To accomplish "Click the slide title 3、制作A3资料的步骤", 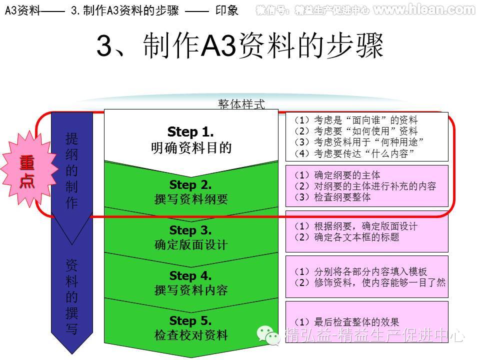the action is point(240,47).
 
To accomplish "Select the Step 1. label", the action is point(190,132).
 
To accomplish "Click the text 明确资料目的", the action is point(191,148).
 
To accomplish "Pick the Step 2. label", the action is point(190,185).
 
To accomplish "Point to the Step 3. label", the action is point(190,230).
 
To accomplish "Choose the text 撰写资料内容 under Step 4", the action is point(191,290).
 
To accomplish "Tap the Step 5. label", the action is point(190,320).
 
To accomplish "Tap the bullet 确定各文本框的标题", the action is point(347,237).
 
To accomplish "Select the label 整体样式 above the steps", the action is point(241,104).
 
